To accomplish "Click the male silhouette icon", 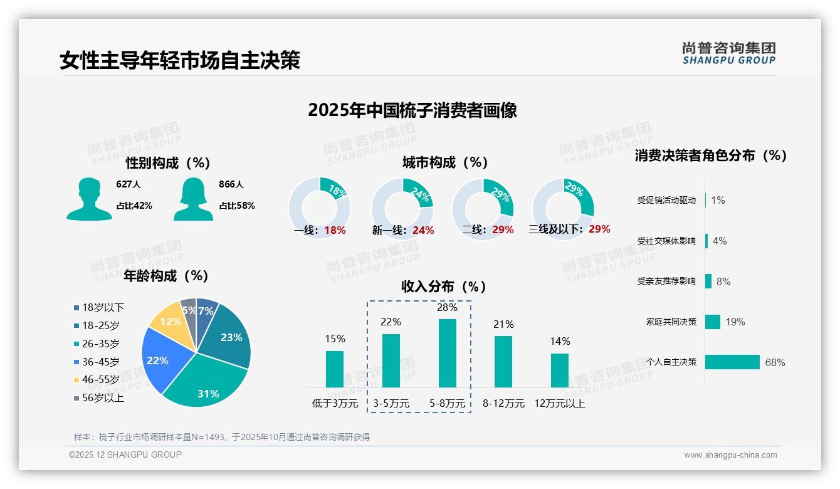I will coord(89,199).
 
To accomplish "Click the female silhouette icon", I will coord(193,199).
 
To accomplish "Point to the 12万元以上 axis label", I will coord(559,404).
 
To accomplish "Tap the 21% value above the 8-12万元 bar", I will coord(503,324).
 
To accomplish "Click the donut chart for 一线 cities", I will coord(319,208).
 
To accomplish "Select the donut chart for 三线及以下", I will coord(562,208).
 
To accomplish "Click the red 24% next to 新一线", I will coord(423,231).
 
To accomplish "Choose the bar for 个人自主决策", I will coord(732,362).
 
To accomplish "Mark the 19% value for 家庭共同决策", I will coord(735,322).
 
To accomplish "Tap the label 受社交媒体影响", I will coord(666,241).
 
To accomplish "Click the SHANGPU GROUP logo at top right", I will coord(728,53).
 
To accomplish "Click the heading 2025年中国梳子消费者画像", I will coord(412,110).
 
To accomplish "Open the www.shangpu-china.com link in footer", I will coord(730,455).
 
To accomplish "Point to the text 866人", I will coord(231,184).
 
